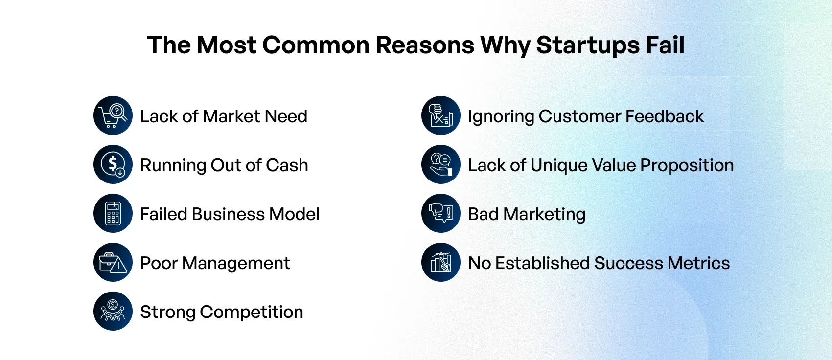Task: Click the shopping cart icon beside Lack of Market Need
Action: pos(113,115)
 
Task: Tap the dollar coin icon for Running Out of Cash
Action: pos(113,164)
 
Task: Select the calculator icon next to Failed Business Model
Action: pos(113,213)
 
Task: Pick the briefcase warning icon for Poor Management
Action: pos(113,262)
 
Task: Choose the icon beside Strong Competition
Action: pos(113,311)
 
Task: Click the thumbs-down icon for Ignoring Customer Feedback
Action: pos(441,115)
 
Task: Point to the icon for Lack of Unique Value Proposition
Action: pos(441,164)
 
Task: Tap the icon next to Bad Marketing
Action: pos(441,213)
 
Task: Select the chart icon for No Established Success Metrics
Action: pos(441,262)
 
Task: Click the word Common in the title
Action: pos(316,45)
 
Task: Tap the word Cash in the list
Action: pos(287,165)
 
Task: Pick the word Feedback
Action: pos(665,116)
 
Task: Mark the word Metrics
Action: pos(698,263)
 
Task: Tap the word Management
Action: pos(236,264)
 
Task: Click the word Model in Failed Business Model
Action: pos(294,214)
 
